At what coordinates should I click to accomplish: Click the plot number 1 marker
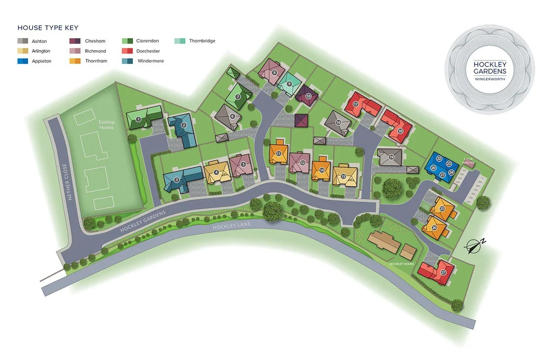click(x=138, y=119)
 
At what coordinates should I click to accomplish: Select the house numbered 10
click(x=308, y=96)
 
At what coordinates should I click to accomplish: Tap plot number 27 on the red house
click(x=443, y=272)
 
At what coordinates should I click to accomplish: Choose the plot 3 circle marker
click(x=177, y=179)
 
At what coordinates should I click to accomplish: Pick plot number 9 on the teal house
click(x=289, y=83)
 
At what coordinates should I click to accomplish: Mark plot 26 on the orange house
click(x=434, y=228)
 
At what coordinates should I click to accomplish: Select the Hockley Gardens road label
click(x=138, y=222)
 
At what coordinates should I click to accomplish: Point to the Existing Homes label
click(x=106, y=125)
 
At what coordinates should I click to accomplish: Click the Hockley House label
click(x=402, y=264)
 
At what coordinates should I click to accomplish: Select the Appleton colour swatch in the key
click(x=22, y=62)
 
